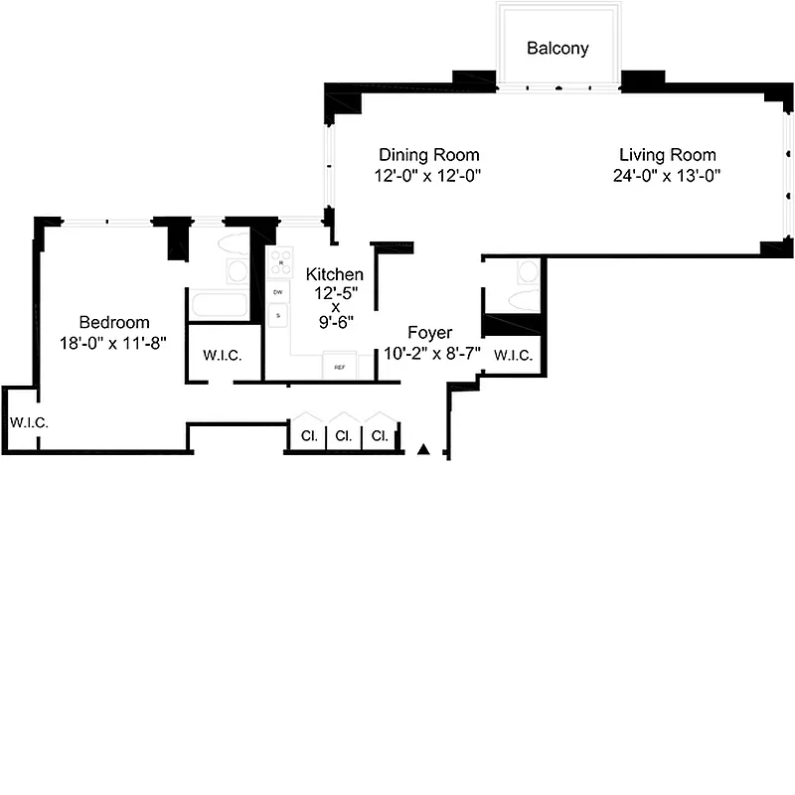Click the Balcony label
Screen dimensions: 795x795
click(557, 48)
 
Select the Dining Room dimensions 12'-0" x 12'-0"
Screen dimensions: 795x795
click(428, 176)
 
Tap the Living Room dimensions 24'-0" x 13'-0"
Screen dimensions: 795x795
click(667, 176)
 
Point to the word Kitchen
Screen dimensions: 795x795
click(334, 274)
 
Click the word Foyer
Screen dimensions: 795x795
click(430, 333)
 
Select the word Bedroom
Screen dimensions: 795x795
click(114, 322)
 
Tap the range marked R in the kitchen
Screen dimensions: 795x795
click(278, 262)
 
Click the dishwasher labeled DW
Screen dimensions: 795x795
click(278, 293)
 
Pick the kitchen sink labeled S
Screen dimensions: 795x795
click(278, 316)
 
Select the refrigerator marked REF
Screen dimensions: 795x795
click(340, 367)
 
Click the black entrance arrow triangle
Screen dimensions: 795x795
click(424, 450)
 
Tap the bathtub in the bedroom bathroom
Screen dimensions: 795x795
click(218, 305)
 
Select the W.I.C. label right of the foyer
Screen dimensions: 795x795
click(512, 355)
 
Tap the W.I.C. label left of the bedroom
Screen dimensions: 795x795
click(29, 422)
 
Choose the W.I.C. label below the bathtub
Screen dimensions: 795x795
click(224, 356)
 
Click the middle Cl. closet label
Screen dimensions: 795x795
click(343, 435)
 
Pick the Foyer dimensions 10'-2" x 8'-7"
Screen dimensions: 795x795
click(432, 353)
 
